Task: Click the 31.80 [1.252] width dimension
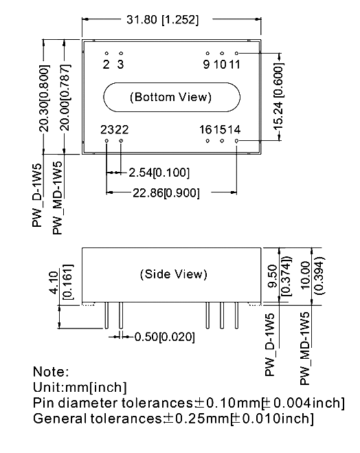pyautogui.click(x=163, y=20)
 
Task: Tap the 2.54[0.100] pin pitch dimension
pyautogui.click(x=159, y=173)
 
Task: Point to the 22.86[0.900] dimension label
pyautogui.click(x=166, y=192)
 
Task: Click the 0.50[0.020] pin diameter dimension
pyautogui.click(x=165, y=337)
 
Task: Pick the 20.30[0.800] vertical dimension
pyautogui.click(x=44, y=98)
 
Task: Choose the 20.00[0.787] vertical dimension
pyautogui.click(x=66, y=98)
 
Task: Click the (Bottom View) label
pyautogui.click(x=170, y=97)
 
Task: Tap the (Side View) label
pyautogui.click(x=174, y=274)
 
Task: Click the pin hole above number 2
pyautogui.click(x=106, y=53)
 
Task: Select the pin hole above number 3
pyautogui.click(x=121, y=53)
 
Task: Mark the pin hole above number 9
pyautogui.click(x=207, y=53)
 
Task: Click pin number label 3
pyautogui.click(x=120, y=65)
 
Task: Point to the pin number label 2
pyautogui.click(x=106, y=65)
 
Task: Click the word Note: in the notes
pyautogui.click(x=51, y=371)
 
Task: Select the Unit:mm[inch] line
pyautogui.click(x=80, y=387)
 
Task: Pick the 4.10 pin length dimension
pyautogui.click(x=54, y=283)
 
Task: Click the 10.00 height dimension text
pyautogui.click(x=305, y=275)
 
